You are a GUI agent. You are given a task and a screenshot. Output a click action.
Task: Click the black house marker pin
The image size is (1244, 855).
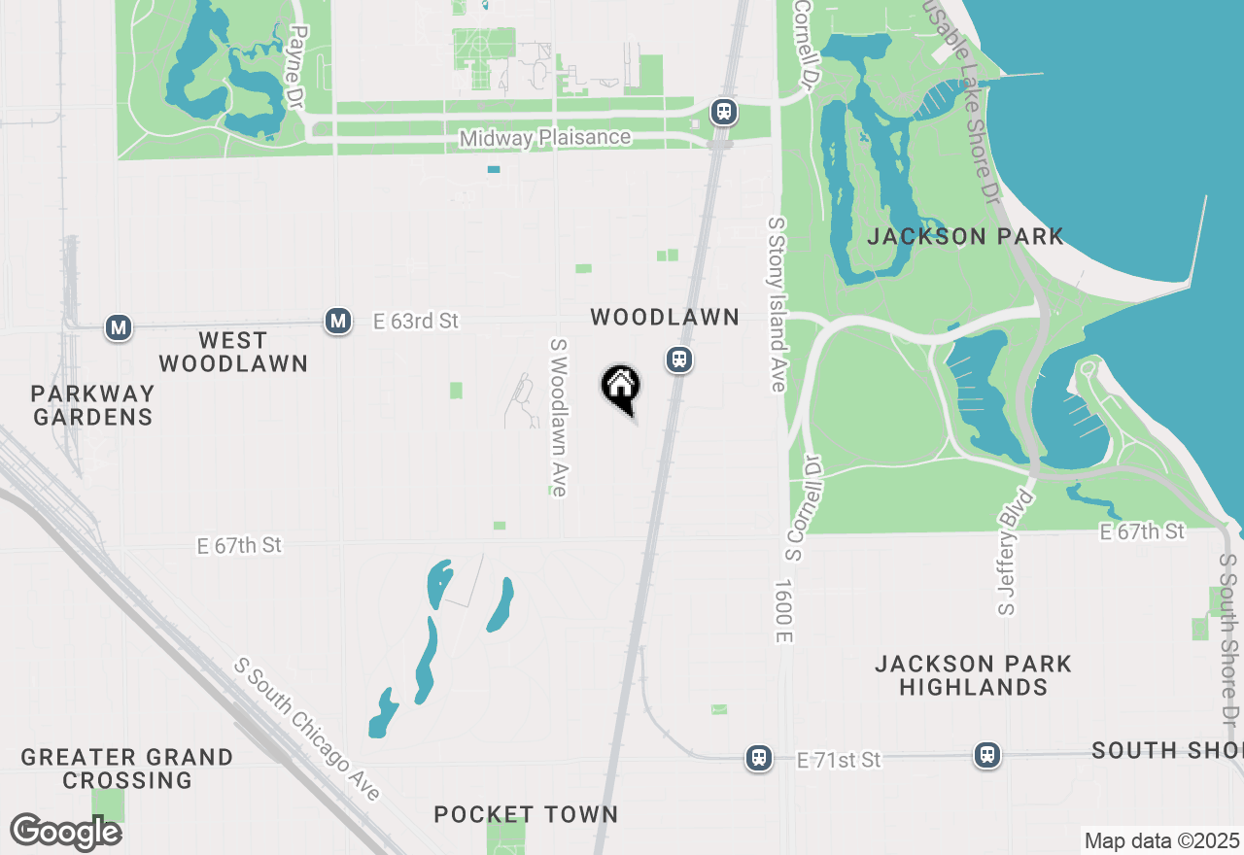620,388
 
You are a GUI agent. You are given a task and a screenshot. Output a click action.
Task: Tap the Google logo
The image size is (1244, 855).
65,832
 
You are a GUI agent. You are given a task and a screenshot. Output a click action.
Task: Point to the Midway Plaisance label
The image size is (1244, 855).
545,138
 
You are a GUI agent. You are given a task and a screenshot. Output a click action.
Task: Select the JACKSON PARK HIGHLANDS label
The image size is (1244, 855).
973,675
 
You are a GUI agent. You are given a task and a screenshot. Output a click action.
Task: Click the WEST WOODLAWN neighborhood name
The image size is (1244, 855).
233,352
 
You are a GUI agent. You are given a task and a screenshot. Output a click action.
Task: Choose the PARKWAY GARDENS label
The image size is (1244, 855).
92,405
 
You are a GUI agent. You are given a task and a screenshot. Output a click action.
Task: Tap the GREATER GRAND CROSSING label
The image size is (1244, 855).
126,769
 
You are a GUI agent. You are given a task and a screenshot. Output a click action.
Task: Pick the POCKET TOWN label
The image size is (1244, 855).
526,814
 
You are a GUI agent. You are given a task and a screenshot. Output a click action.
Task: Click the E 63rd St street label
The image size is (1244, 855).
416,321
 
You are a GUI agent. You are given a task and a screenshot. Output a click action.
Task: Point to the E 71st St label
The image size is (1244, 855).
839,760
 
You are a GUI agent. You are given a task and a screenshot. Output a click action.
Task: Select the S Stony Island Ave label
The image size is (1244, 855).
776,304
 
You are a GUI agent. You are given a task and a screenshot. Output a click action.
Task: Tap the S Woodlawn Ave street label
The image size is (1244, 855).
559,418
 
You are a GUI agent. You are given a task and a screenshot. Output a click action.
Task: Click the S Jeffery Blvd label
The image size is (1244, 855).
1016,553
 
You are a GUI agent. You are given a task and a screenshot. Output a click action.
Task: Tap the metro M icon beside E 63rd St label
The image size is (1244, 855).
338,320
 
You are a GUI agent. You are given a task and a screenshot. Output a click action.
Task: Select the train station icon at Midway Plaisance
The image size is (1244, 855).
723,112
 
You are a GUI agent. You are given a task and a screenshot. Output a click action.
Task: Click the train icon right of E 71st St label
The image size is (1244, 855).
987,755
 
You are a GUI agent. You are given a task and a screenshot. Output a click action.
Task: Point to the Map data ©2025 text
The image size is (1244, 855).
1161,840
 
